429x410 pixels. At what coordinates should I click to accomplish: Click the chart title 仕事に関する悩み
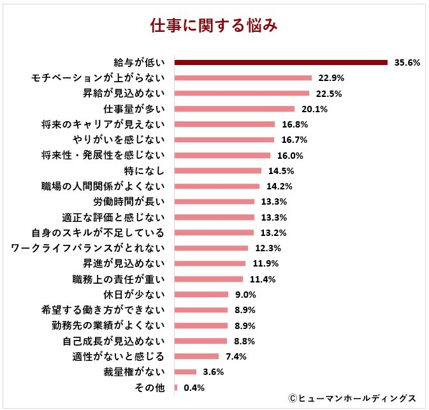coord(214,26)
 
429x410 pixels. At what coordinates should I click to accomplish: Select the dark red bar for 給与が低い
coord(281,62)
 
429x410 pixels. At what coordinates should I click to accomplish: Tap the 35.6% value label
coord(407,63)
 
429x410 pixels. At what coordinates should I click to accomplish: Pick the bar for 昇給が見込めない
coord(242,94)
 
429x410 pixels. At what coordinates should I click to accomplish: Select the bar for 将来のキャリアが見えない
coord(224,124)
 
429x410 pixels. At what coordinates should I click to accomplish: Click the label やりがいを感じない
coord(115,140)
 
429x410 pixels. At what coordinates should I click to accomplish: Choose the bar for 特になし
coord(217,171)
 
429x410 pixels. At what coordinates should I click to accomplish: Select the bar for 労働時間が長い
coord(214,201)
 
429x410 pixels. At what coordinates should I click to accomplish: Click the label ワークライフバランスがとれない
coord(88,247)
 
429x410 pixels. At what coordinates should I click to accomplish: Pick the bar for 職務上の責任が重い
coord(208,279)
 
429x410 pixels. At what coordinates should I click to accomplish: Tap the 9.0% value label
coord(245,295)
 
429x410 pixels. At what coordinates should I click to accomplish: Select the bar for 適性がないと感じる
coord(196,356)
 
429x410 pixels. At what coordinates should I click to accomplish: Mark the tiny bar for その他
coord(175,387)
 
